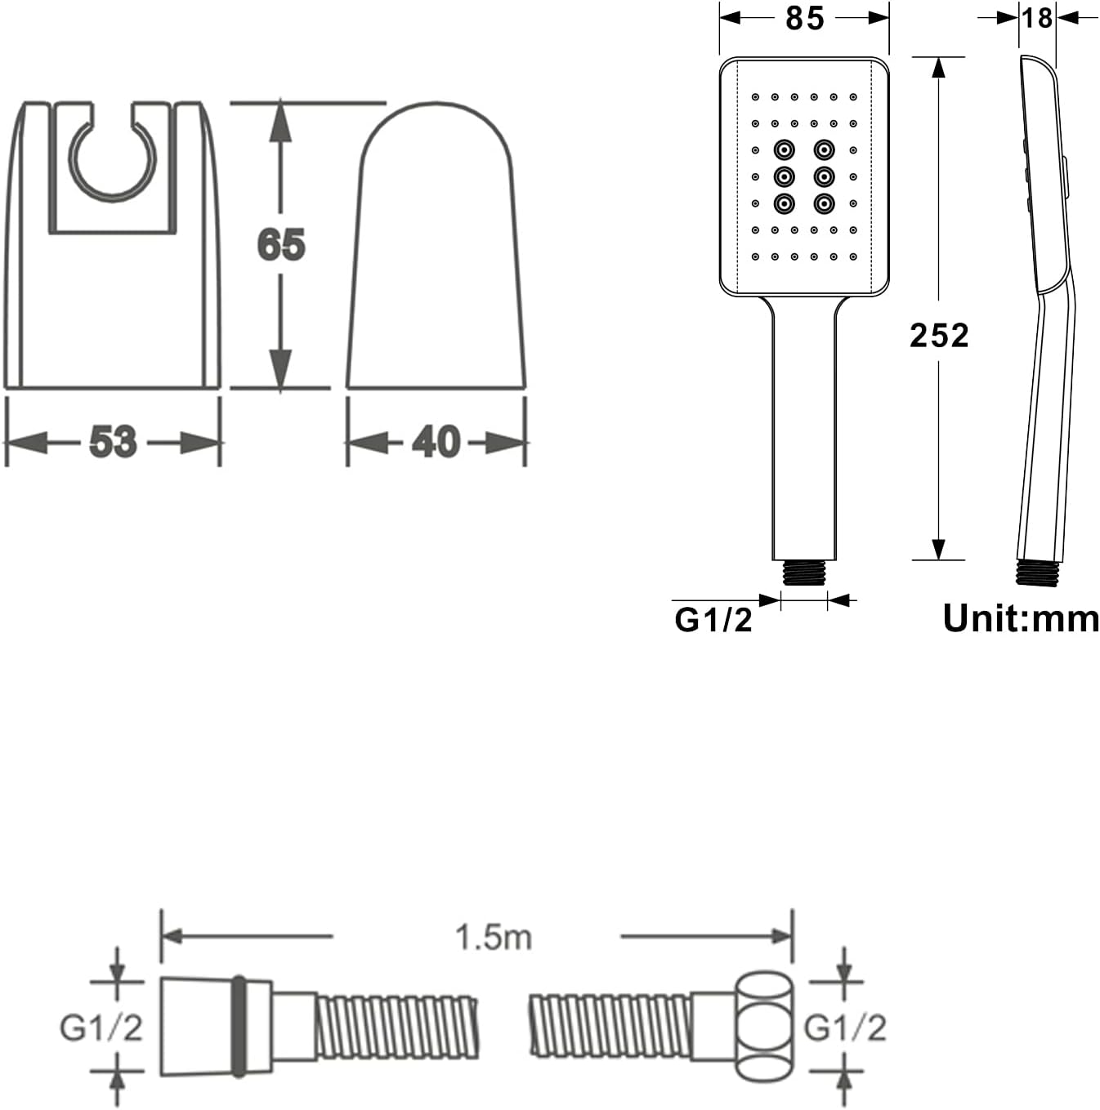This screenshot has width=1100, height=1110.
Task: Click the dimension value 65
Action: point(281,245)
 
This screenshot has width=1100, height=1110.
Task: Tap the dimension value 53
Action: point(113,443)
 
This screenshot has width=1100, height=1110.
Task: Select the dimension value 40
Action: point(436,443)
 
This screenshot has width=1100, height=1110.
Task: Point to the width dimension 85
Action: point(804,18)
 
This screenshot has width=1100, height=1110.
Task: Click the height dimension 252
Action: point(939,336)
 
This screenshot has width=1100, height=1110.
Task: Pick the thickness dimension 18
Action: point(1037,17)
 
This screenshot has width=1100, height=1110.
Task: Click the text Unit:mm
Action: point(1021,618)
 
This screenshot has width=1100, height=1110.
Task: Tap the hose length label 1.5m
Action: point(494,937)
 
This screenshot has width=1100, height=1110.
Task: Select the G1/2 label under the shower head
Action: point(713,620)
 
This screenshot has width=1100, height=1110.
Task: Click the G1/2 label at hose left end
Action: point(101,1027)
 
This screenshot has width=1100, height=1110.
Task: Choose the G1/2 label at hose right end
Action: point(845,1027)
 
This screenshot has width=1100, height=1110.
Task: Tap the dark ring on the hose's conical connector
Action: point(239,1026)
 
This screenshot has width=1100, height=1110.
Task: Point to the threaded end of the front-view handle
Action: point(804,573)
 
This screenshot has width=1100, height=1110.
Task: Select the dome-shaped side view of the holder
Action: point(436,245)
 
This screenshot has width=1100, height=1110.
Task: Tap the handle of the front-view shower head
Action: point(804,425)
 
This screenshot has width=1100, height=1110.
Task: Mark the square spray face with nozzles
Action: point(804,176)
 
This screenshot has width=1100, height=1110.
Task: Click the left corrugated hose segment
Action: point(396,1026)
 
